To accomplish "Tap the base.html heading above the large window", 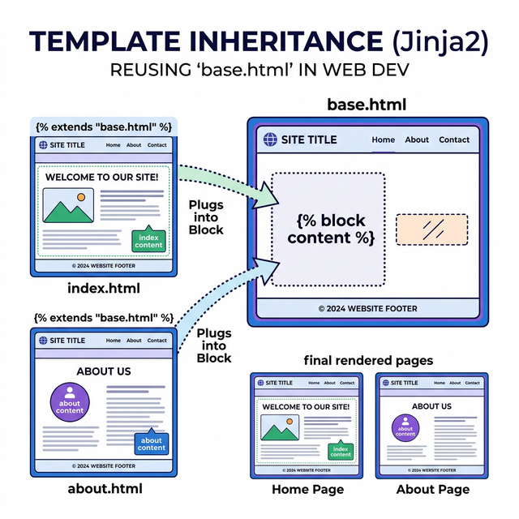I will [366, 105].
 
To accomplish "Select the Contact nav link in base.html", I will [454, 139].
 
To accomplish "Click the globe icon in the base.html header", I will [271, 139].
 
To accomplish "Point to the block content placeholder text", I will [331, 229].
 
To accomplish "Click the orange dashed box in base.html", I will [431, 229].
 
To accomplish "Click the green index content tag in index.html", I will [148, 240].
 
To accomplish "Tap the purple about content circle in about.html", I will [70, 403].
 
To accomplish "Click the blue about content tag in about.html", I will [152, 443].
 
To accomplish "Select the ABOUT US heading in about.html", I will [104, 371].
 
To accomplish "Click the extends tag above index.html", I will [103, 127].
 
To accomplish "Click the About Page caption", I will [432, 489].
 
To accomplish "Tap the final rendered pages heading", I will [368, 360].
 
